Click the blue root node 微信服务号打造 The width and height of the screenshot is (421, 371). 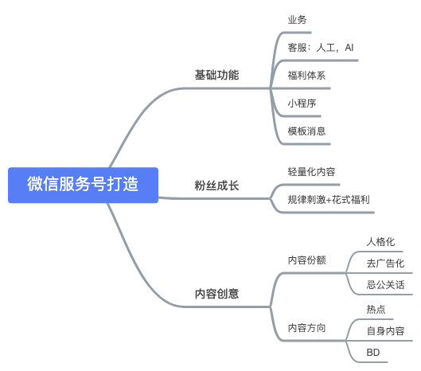83,185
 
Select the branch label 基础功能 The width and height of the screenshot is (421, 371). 216,75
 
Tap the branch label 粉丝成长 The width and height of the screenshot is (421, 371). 216,185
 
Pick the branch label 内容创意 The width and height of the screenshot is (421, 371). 216,294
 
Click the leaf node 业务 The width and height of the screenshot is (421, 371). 297,20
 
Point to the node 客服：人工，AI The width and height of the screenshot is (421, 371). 321,48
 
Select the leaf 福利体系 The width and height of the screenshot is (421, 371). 306,76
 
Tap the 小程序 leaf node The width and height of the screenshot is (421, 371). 302,103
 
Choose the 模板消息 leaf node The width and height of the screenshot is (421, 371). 306,131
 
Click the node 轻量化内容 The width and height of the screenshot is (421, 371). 311,172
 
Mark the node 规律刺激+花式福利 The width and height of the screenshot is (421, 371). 329,200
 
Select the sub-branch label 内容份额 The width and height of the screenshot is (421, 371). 306,260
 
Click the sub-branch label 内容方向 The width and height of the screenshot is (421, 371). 306,328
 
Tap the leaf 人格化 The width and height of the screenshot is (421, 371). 380,242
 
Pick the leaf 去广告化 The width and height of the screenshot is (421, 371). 385,264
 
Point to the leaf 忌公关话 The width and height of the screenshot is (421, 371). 385,285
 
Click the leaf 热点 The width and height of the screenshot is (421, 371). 376,310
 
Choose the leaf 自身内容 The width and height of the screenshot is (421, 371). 385,331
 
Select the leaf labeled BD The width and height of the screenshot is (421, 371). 373,353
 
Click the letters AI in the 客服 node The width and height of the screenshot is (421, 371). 349,48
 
